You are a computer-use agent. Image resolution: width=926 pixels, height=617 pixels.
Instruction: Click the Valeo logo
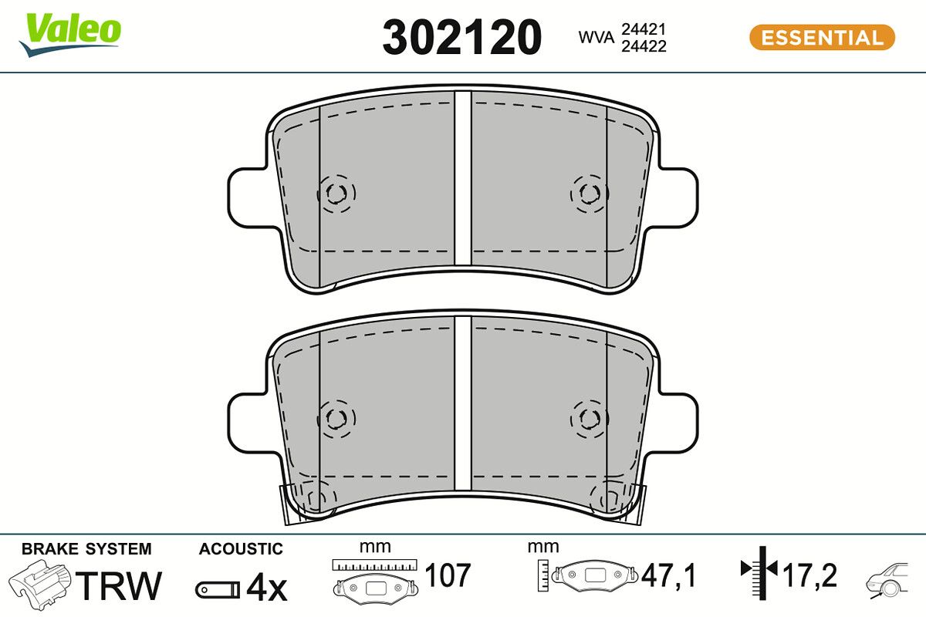click(71, 33)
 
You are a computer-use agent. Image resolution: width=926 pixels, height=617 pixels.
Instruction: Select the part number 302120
click(462, 36)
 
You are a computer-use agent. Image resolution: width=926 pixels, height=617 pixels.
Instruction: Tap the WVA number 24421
click(643, 29)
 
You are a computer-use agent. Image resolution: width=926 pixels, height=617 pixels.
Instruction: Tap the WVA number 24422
click(643, 46)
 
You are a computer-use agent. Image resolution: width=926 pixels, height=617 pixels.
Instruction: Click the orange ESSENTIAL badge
click(822, 37)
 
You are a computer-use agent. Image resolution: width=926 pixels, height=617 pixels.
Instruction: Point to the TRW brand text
click(121, 585)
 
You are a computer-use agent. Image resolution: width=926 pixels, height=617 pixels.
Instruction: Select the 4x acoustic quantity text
click(265, 588)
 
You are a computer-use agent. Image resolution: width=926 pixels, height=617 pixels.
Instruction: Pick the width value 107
click(448, 575)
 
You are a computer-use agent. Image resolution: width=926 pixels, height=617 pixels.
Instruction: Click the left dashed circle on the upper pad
click(336, 194)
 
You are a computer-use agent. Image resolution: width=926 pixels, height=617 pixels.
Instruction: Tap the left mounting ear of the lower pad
click(249, 420)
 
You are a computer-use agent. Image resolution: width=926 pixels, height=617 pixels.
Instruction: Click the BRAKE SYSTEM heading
click(86, 549)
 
